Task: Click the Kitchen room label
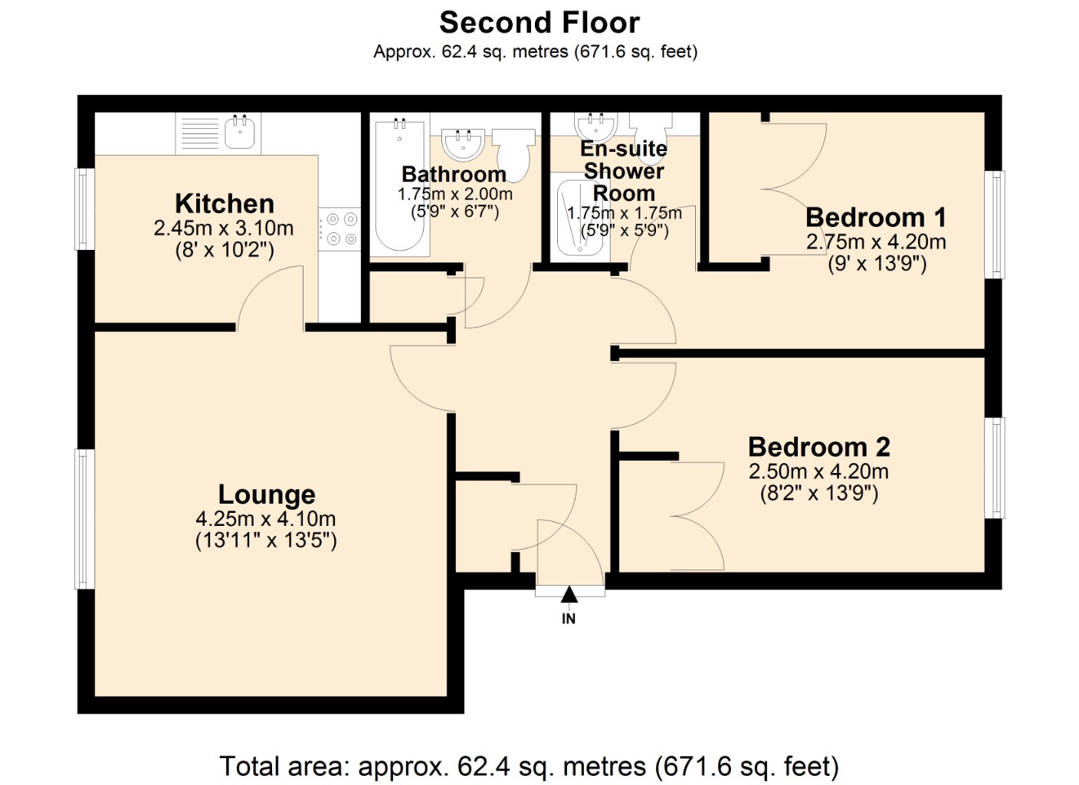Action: coord(225,204)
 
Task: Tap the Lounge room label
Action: coord(267,494)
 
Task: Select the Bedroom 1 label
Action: coord(876,218)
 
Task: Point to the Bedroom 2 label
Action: coord(819,447)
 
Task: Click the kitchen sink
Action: coord(240,133)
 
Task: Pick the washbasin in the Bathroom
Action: coord(463,143)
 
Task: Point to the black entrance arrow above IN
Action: coord(569,594)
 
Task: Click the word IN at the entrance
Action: coord(569,619)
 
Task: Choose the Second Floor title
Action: coord(539,23)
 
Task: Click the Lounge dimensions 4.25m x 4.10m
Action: coord(266,519)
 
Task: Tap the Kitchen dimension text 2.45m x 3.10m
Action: coord(224,228)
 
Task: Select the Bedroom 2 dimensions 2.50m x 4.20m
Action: coord(818,471)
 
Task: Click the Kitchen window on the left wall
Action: coord(84,209)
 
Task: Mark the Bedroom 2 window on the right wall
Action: coord(994,468)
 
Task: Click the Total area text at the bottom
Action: coord(529,766)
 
